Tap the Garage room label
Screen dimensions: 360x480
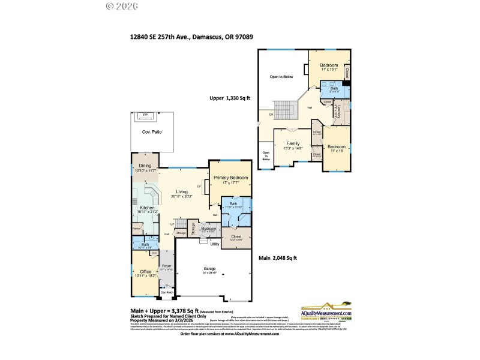tap(210, 269)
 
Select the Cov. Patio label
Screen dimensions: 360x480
tap(152, 132)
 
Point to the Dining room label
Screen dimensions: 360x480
tap(145, 166)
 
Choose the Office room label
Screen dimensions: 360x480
tap(145, 272)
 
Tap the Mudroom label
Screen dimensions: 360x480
tap(208, 228)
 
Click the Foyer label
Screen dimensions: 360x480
tap(166, 266)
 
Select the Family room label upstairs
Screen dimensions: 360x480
tap(293, 144)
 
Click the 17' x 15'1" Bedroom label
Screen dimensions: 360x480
tap(328, 65)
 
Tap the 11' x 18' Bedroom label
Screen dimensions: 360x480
tap(336, 147)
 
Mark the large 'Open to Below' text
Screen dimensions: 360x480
tap(281, 77)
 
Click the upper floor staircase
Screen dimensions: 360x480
tap(286, 109)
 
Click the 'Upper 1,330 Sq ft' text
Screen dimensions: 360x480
tap(229, 98)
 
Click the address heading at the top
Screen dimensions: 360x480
tap(191, 37)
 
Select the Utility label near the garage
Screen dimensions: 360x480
tap(214, 244)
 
